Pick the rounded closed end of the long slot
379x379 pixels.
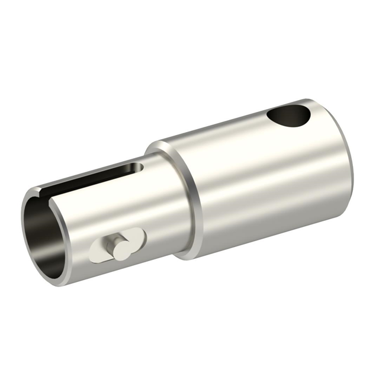pyautogui.click(x=140, y=168)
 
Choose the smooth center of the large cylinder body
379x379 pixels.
pyautogui.click(x=261, y=178)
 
